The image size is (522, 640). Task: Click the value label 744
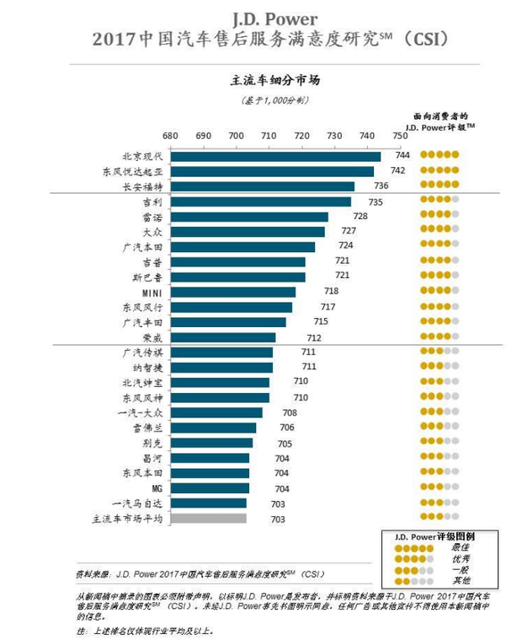coord(402,156)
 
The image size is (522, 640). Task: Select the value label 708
coord(290,413)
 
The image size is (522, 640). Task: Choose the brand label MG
coord(155,488)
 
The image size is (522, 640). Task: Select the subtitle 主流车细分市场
coord(269,81)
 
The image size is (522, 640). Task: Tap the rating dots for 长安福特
coord(439,186)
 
